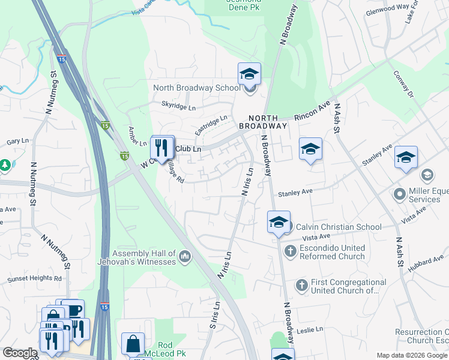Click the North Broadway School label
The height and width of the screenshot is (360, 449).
tap(196, 88)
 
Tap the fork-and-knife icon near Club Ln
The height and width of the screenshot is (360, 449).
tap(162, 148)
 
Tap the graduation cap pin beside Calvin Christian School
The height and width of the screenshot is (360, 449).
tap(279, 222)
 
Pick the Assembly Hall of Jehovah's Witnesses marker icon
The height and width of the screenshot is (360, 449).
tap(185, 257)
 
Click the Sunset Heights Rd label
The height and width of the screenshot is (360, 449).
tap(34, 279)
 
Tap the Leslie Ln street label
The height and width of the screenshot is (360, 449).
tap(310, 329)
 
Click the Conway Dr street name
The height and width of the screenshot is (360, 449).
tap(403, 86)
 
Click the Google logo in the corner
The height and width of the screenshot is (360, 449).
tap(20, 353)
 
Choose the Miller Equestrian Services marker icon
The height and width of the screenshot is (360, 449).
tap(399, 194)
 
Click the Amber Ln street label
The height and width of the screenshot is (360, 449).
tap(137, 136)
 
